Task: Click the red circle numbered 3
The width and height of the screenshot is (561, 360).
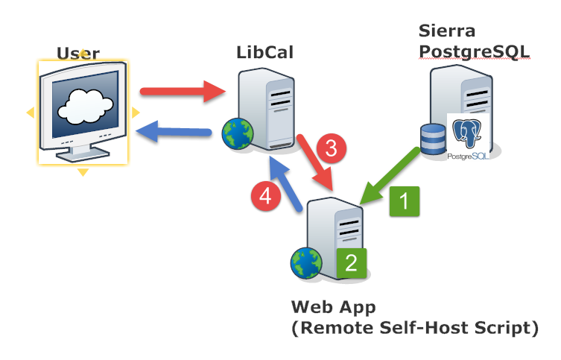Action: point(332,148)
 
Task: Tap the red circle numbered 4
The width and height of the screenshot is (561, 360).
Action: point(266,196)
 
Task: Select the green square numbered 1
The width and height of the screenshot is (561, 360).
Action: point(405,201)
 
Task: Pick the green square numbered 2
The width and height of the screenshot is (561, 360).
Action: point(352,263)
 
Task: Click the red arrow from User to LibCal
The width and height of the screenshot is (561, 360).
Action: point(183,92)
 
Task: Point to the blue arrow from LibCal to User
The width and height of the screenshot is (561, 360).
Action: point(174,132)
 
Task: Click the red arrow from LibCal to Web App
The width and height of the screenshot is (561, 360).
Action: point(315,162)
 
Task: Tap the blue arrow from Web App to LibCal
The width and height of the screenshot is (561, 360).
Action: point(286,184)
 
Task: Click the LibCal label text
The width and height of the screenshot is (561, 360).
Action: point(264,52)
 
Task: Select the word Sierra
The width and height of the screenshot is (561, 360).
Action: point(447,31)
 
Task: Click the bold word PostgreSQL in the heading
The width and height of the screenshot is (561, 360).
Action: point(474,52)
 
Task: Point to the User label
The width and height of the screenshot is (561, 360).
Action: point(78,54)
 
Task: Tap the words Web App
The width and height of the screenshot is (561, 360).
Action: point(334,307)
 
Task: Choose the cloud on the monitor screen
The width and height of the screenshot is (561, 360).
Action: point(86,107)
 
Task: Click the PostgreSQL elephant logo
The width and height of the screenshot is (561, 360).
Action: point(467,133)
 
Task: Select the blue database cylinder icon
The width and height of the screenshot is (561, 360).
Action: point(434,139)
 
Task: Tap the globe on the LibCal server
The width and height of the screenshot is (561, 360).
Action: point(238,133)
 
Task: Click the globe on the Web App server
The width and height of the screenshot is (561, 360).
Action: point(306,263)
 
